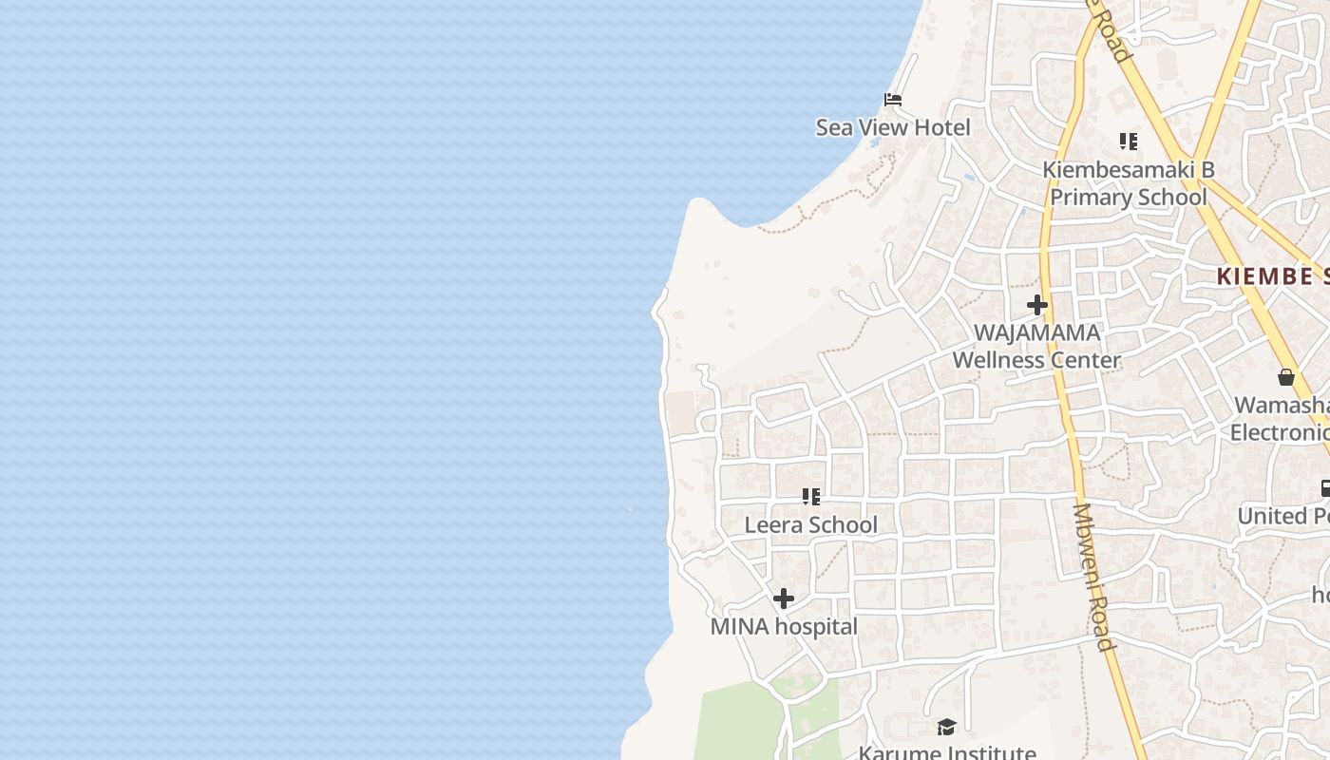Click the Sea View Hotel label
[893, 127]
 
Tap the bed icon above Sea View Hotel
[892, 99]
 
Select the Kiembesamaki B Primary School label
[1128, 183]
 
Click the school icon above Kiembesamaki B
[1128, 142]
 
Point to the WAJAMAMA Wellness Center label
[1036, 347]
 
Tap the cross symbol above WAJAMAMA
[1036, 305]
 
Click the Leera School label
[810, 524]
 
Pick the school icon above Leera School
[810, 496]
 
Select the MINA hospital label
[784, 627]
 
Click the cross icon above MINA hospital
[784, 598]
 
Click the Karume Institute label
[946, 752]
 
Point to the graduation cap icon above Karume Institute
[946, 728]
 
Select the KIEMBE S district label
[1273, 276]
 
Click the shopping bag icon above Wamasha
[1285, 377]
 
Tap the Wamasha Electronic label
[1281, 418]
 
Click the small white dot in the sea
[630, 509]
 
